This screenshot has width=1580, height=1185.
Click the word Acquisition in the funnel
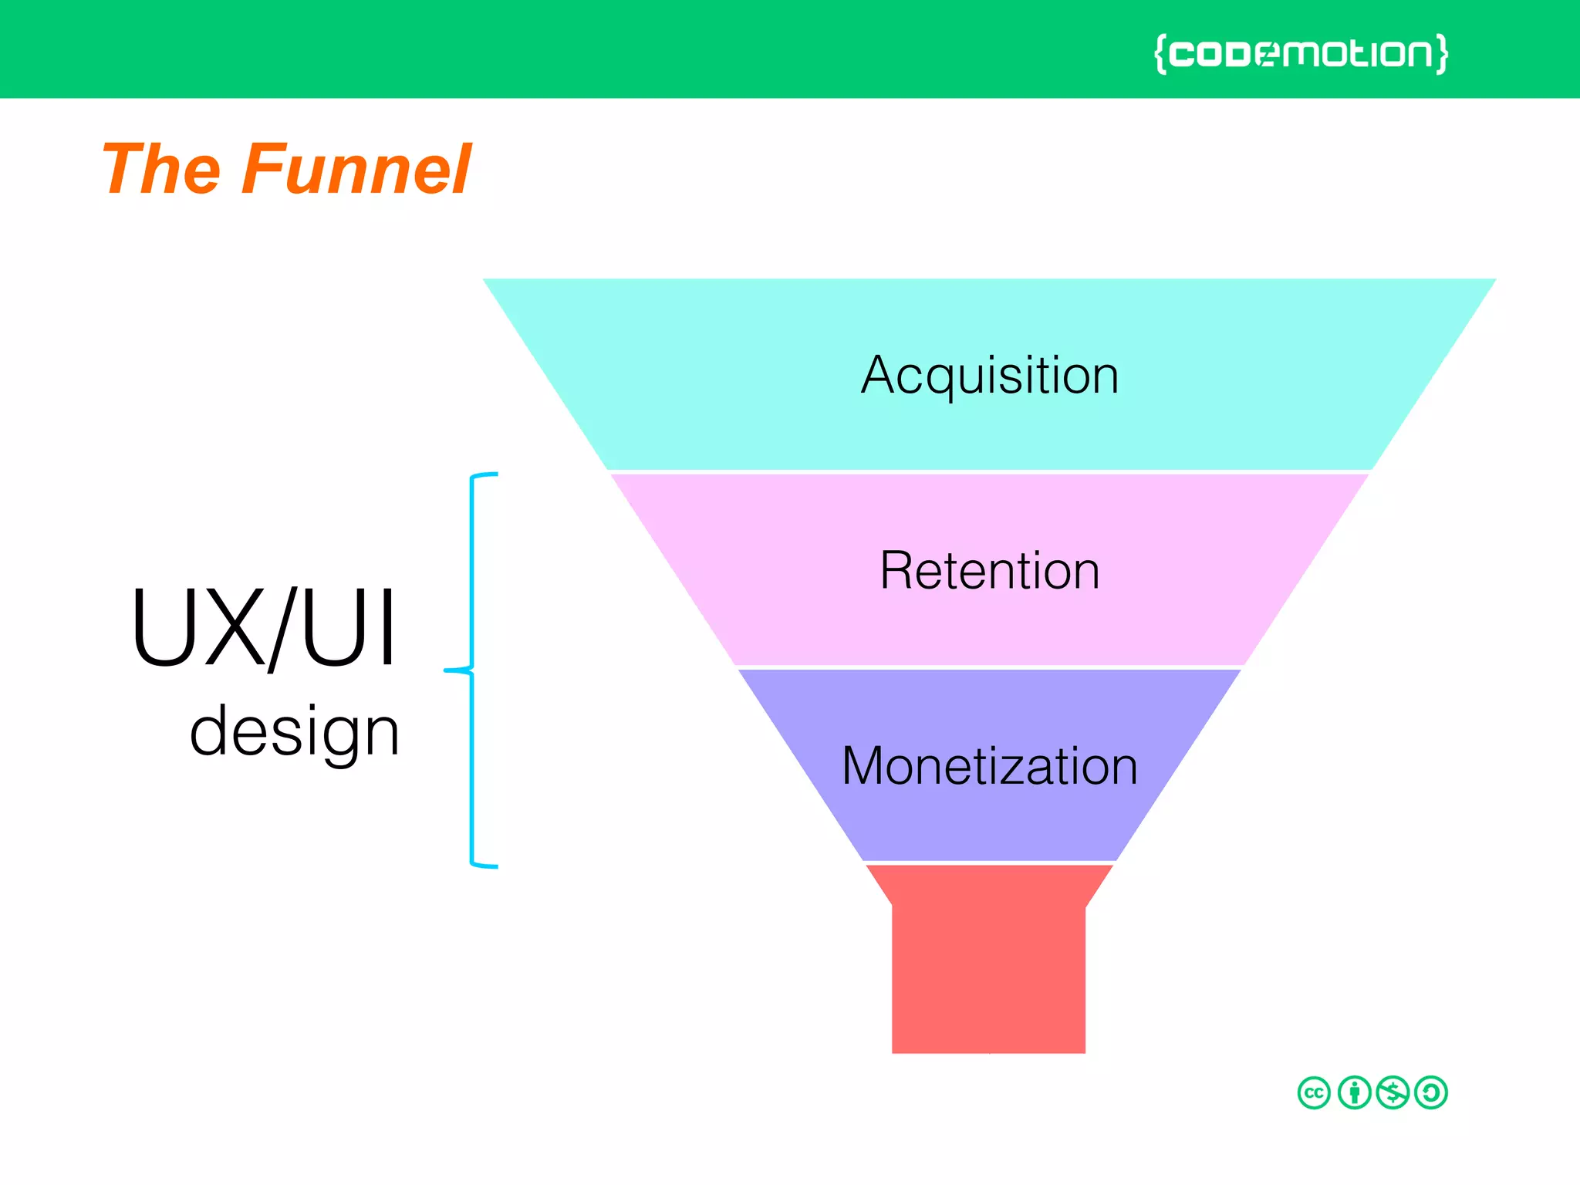990,376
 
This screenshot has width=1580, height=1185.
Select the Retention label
990,571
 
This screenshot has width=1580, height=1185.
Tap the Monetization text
990,766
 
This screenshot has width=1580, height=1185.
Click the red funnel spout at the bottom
988,972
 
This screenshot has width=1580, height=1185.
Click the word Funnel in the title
356,169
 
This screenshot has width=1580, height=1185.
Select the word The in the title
161,169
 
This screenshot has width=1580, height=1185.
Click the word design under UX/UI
294,731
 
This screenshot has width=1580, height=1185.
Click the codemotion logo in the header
1301,53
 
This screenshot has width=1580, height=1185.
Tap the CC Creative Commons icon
1314,1092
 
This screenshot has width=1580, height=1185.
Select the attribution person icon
1354,1092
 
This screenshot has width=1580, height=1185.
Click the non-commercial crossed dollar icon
1393,1092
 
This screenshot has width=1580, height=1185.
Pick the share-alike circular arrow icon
1431,1092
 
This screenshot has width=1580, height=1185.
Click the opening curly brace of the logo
1160,53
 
